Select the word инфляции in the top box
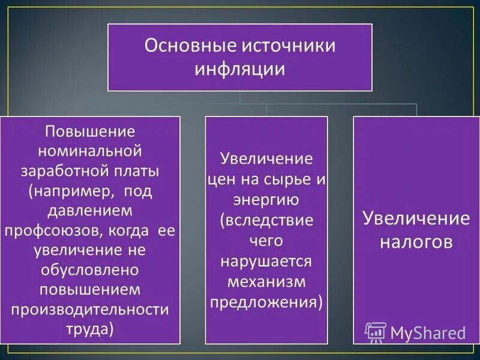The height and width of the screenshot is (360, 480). pos(239,69)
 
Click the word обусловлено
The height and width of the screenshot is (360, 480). pos(90,269)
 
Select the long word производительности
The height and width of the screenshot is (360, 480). pos(90,309)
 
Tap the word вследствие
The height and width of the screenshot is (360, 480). pos(267,220)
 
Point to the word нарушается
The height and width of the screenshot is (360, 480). pos(266,261)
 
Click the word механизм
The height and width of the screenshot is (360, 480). pos(266,281)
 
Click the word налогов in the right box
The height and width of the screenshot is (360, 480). pos(415,242)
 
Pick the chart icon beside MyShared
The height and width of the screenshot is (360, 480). pos(376,332)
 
